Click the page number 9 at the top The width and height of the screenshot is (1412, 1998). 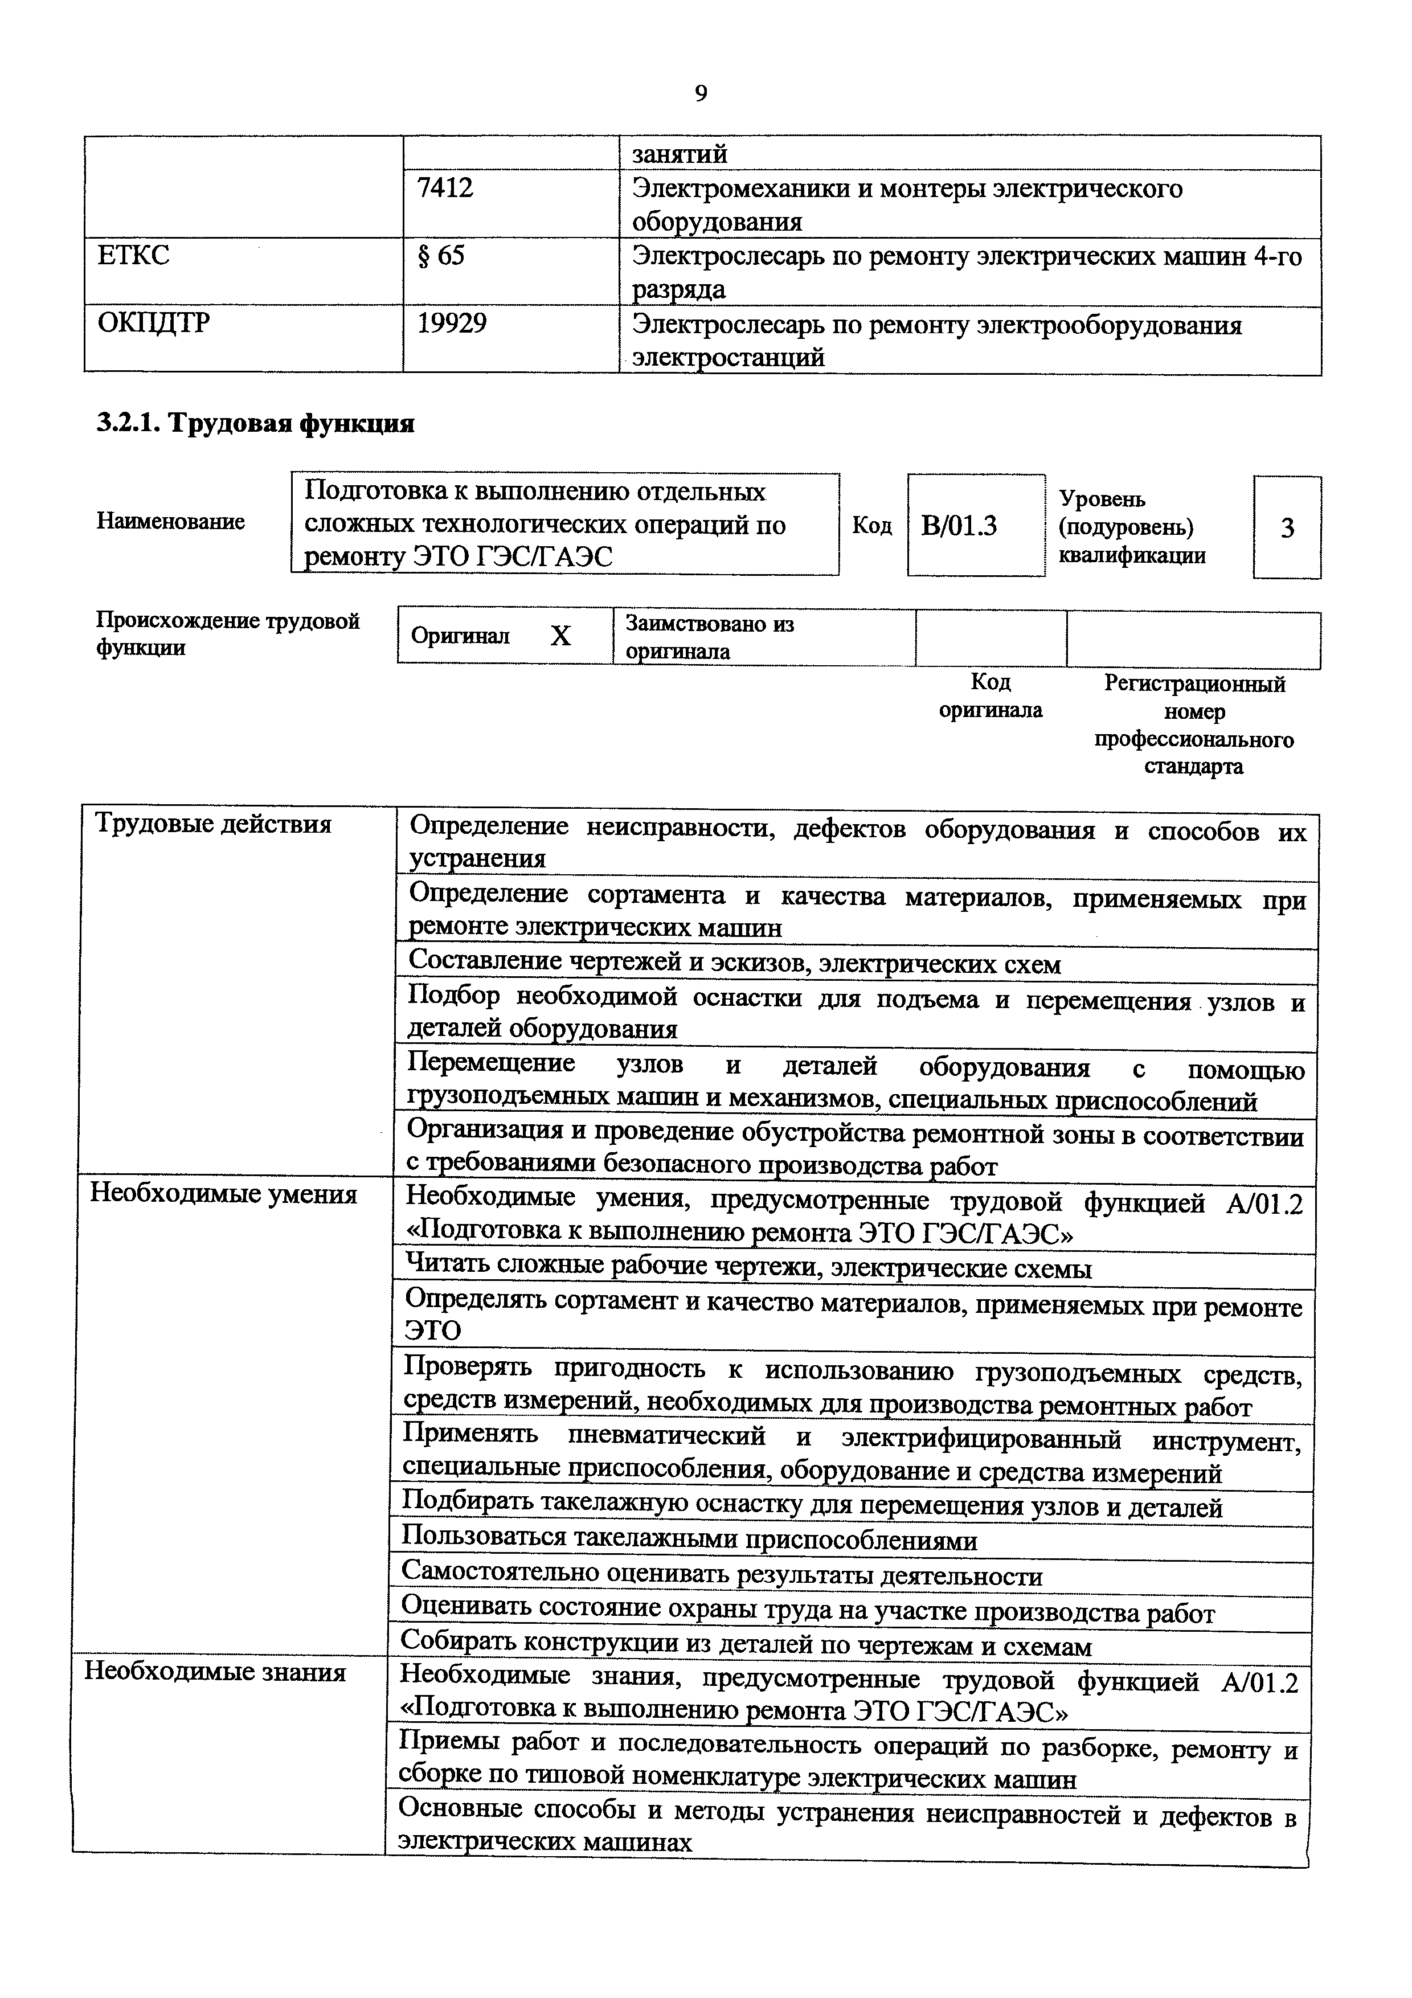[701, 93]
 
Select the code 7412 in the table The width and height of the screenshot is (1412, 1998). [445, 188]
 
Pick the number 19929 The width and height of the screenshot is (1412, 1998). [452, 324]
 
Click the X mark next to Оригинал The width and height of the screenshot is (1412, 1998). [561, 637]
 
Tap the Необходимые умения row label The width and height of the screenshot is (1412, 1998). [224, 1194]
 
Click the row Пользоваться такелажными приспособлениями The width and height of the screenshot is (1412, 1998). [689, 1540]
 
